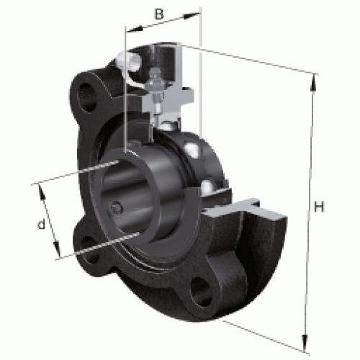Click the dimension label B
pos(158,14)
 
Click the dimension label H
pos(319,207)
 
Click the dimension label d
pos(41,224)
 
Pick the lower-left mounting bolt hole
pos(89,250)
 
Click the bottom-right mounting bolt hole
pos(201,292)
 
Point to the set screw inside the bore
pos(117,207)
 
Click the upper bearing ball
pos(192,149)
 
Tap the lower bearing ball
pos(208,188)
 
